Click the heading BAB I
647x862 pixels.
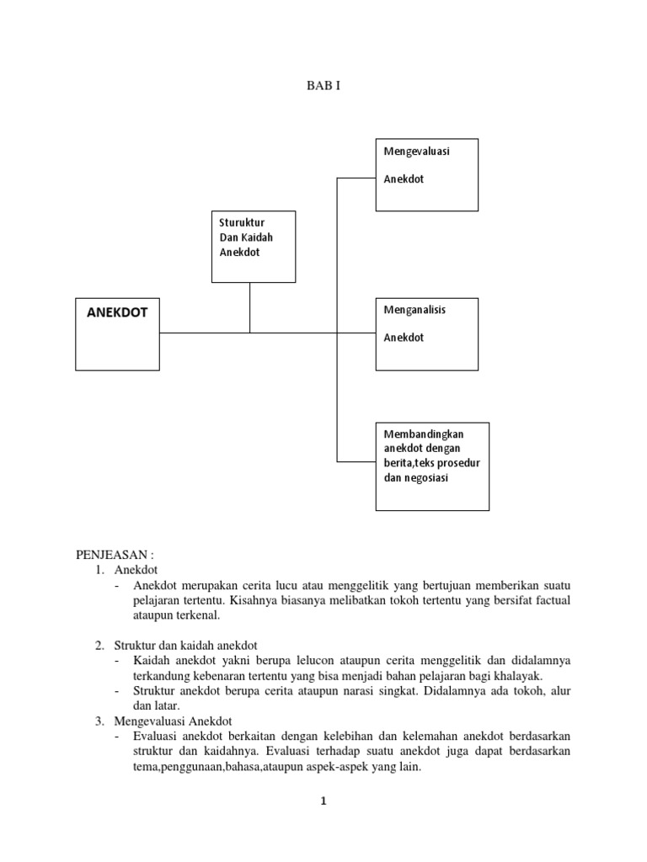tap(323, 86)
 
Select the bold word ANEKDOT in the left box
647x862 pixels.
tap(117, 312)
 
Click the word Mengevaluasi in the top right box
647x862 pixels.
tap(416, 152)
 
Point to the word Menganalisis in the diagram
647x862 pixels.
tap(414, 310)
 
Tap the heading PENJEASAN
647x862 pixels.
tap(115, 555)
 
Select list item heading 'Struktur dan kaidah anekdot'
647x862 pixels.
tap(186, 645)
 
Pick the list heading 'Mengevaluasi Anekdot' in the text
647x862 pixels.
tap(179, 721)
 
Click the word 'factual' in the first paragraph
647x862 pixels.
tap(551, 599)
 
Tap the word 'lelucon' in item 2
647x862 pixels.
tap(281, 660)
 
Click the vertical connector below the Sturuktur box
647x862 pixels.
tap(249, 307)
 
